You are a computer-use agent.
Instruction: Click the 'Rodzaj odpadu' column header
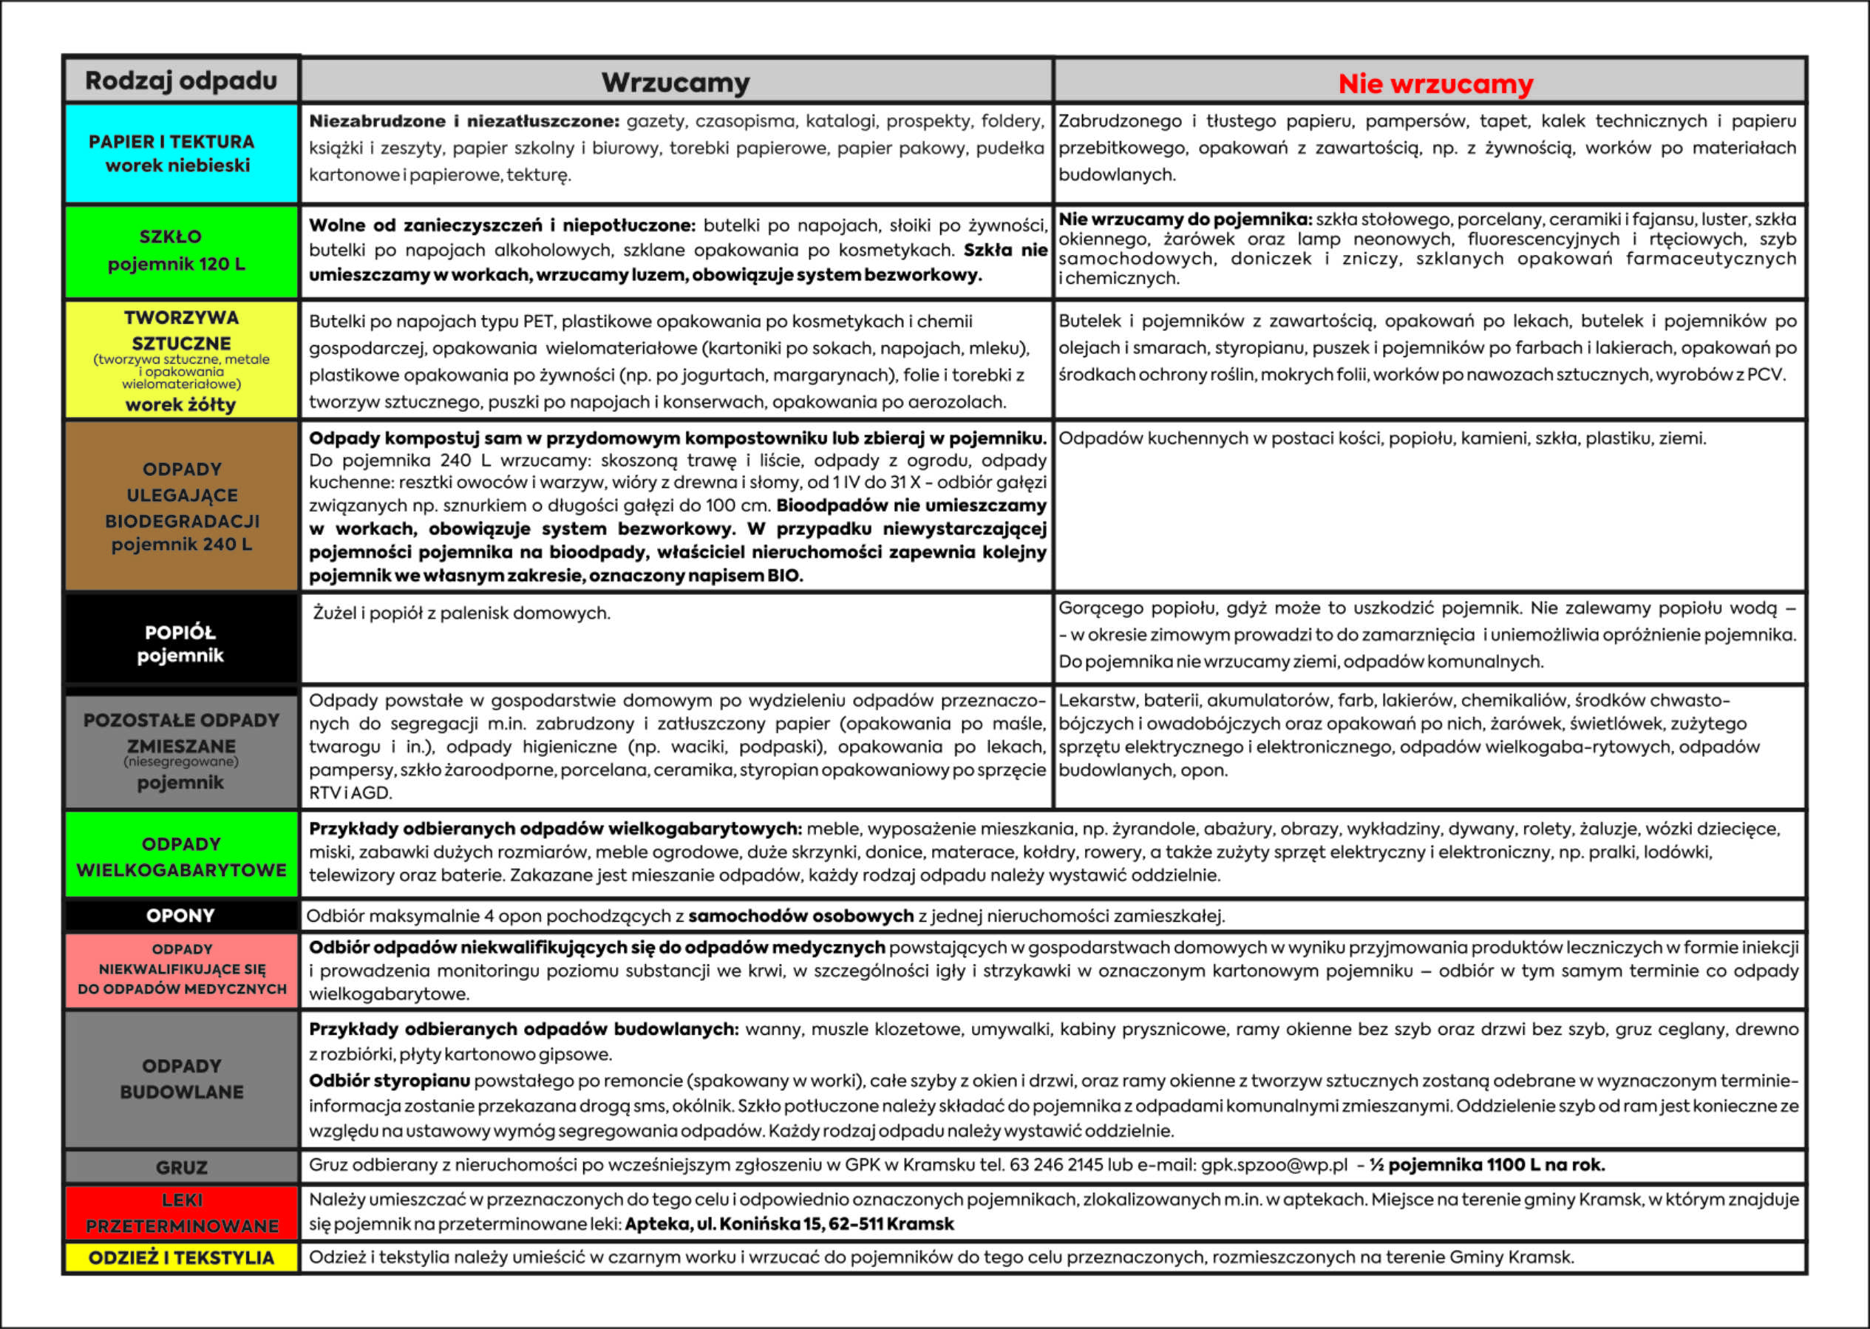tap(181, 80)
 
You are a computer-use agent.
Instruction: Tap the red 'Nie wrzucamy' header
tap(1435, 84)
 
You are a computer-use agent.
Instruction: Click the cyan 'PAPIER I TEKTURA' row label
tap(181, 153)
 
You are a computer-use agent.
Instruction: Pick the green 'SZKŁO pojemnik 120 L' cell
tap(181, 251)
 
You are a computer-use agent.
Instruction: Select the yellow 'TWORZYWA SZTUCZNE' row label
tap(181, 359)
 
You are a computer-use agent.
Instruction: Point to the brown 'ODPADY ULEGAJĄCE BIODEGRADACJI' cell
tap(181, 506)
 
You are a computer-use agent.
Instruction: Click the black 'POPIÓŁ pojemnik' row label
tap(181, 643)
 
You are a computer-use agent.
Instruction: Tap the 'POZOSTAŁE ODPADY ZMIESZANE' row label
tap(181, 750)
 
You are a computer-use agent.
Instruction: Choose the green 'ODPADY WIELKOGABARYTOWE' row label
tap(181, 856)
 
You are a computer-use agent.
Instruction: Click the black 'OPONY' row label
tap(181, 916)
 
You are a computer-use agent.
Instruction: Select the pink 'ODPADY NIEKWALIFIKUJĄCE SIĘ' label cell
tap(181, 969)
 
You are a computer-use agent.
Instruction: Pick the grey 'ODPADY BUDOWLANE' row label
tap(181, 1078)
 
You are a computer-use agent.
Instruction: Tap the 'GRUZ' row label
tap(181, 1167)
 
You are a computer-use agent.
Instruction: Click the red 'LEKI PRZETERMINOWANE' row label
tap(181, 1213)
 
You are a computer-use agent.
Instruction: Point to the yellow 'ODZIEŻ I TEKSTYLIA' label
tap(181, 1258)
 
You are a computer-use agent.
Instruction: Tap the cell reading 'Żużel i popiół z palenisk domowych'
tap(461, 613)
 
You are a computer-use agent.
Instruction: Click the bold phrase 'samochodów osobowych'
tap(800, 916)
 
